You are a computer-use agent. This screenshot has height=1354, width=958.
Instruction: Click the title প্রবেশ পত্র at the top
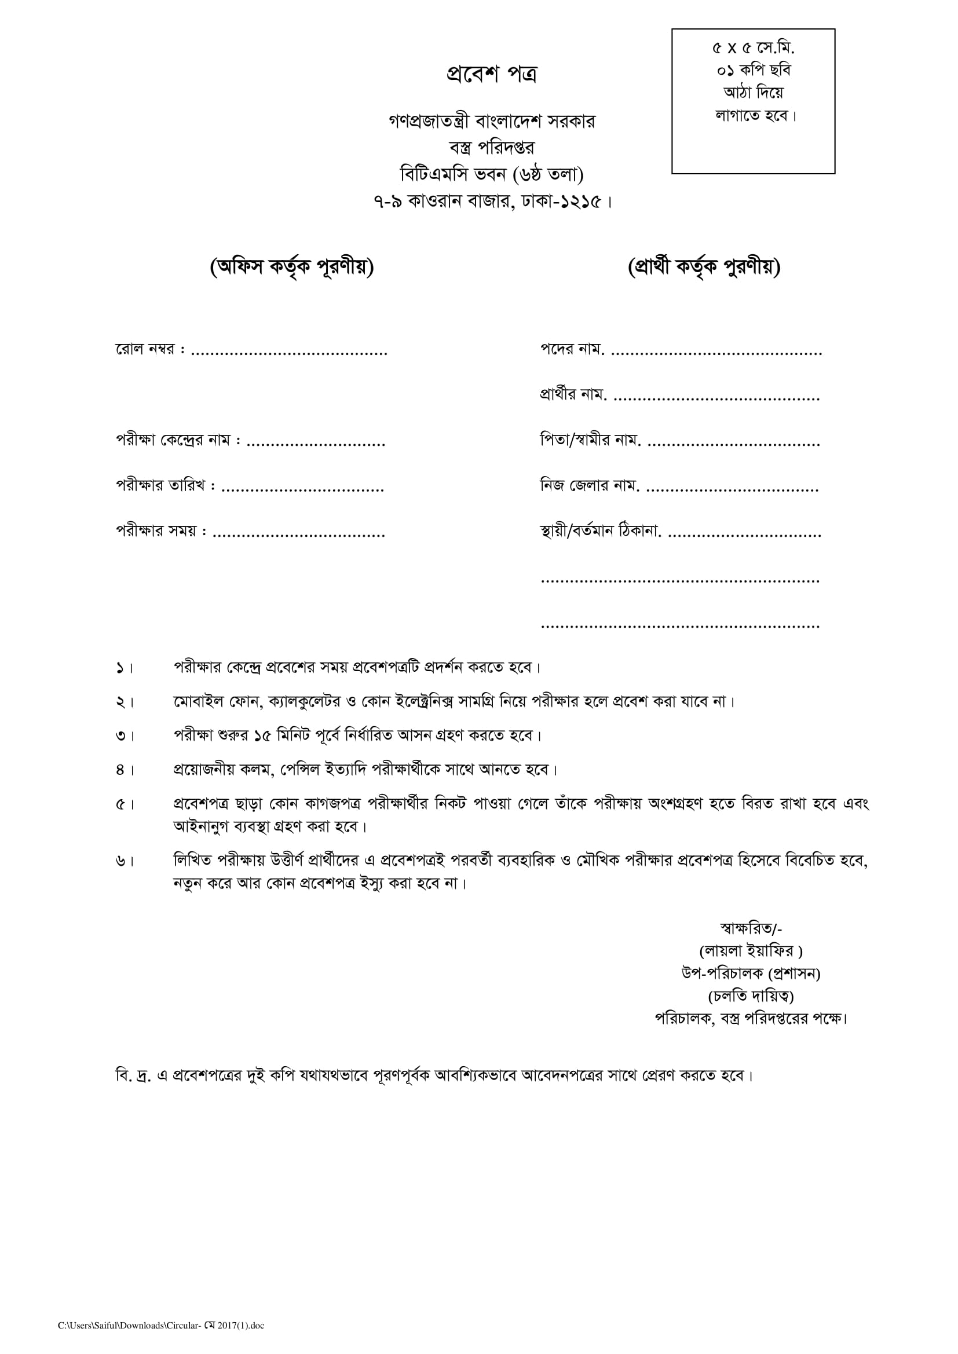(x=491, y=75)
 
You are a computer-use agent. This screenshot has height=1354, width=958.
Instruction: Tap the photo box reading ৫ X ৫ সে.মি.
(x=754, y=101)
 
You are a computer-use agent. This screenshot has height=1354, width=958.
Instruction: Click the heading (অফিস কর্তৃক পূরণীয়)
(x=291, y=268)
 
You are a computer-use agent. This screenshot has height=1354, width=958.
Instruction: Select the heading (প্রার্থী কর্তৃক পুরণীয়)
(x=704, y=268)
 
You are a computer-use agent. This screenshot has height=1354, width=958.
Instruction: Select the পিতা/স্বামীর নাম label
(x=590, y=441)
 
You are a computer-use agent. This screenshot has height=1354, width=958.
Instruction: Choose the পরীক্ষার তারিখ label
(x=166, y=486)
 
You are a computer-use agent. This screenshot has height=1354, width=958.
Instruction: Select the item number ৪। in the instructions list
(x=125, y=770)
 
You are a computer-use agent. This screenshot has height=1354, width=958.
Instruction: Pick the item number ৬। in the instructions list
(x=125, y=862)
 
